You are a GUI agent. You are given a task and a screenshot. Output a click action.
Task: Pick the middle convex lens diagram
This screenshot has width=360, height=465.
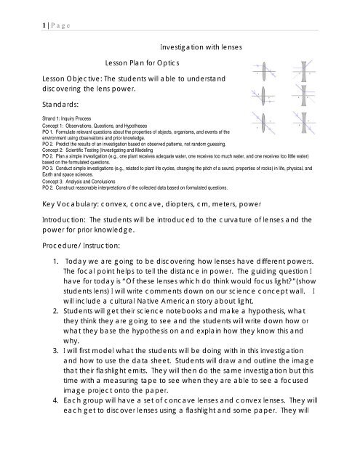click(263, 99)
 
